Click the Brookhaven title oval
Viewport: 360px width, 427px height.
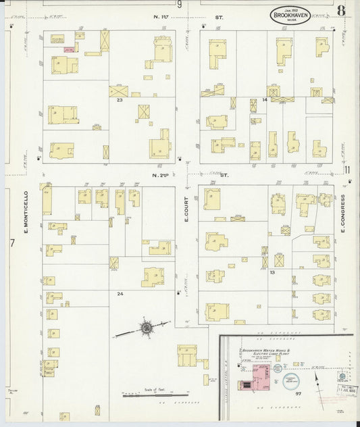click(290, 16)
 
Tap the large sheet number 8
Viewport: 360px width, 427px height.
click(342, 10)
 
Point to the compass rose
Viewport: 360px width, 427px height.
click(146, 328)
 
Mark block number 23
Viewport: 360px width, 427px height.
click(119, 100)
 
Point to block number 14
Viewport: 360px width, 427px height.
click(265, 100)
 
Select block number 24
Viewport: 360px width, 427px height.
click(120, 294)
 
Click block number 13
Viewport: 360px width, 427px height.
click(272, 272)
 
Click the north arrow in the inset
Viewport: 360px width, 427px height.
click(316, 376)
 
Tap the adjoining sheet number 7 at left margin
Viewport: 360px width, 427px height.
click(11, 243)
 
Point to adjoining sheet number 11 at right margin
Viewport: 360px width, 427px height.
click(348, 170)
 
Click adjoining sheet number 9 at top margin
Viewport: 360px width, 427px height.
click(180, 5)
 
